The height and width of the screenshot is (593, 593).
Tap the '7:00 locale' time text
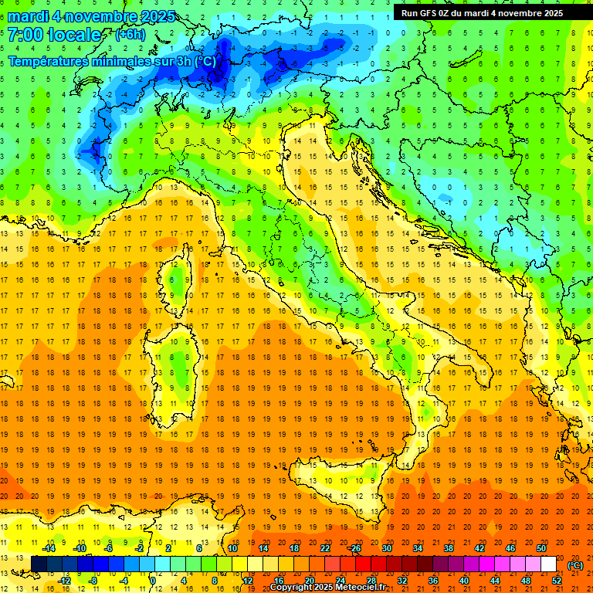(x=54, y=35)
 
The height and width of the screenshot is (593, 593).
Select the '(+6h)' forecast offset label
(x=130, y=35)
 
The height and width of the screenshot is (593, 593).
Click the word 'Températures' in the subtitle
(x=46, y=61)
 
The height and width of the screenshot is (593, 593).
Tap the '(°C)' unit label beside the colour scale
(x=575, y=565)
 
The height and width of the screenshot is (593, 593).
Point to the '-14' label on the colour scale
(x=48, y=548)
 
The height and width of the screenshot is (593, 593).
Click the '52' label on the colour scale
(x=557, y=581)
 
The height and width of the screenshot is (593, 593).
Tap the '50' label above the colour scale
(x=540, y=548)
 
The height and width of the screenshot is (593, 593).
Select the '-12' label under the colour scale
(x=64, y=581)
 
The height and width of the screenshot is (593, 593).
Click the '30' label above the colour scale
(x=386, y=548)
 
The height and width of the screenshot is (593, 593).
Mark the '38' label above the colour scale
(x=448, y=548)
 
